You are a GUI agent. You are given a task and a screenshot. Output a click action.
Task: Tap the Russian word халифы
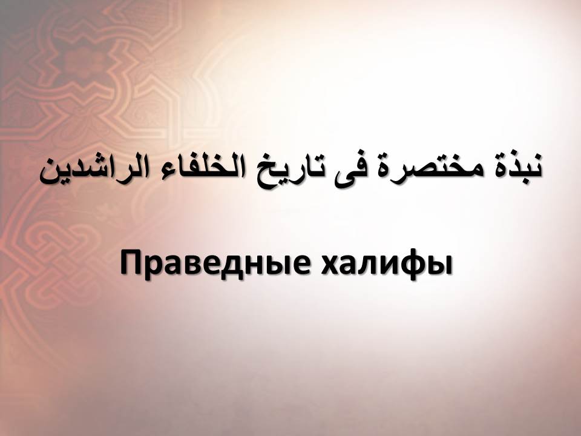pyautogui.click(x=387, y=264)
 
